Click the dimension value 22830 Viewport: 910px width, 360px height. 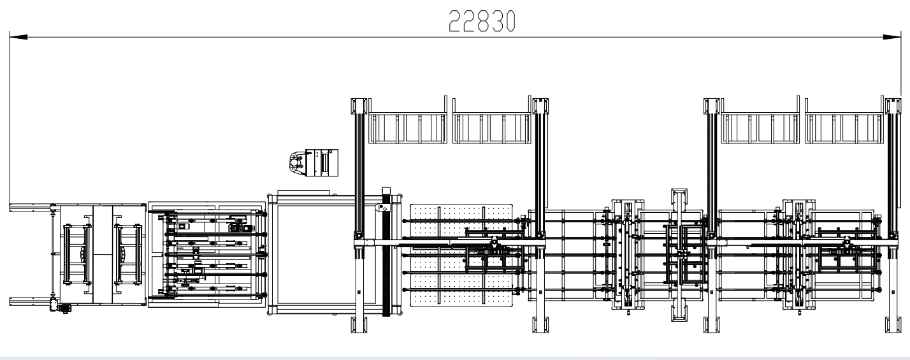click(x=482, y=21)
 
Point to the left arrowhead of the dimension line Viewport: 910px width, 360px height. click(x=18, y=37)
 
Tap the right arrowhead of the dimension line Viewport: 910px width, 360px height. click(x=892, y=37)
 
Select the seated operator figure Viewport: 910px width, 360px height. click(x=297, y=163)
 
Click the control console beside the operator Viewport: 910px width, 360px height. click(x=322, y=163)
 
